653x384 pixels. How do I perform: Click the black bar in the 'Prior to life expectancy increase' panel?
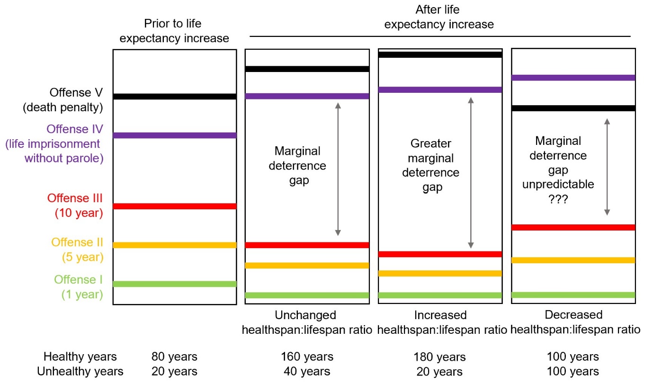(x=174, y=97)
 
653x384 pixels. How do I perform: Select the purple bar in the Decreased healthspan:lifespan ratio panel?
(x=573, y=78)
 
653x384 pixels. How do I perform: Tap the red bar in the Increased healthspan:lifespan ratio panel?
(x=439, y=254)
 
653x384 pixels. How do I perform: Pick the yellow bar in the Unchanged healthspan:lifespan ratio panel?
(x=306, y=265)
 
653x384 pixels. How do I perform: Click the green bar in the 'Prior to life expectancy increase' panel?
(x=174, y=284)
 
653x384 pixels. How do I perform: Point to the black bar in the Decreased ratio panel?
(x=573, y=108)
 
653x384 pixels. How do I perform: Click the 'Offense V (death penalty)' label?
(x=63, y=100)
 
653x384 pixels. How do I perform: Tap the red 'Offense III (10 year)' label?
(x=75, y=205)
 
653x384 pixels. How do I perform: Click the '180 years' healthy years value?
(x=439, y=357)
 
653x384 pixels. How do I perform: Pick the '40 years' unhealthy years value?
(x=306, y=372)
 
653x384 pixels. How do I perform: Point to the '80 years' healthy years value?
(x=174, y=357)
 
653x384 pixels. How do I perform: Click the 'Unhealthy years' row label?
(x=80, y=372)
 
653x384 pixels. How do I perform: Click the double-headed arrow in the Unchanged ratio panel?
(x=338, y=169)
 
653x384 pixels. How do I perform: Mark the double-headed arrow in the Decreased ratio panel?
(x=607, y=167)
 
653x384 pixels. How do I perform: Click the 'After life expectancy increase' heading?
(x=438, y=17)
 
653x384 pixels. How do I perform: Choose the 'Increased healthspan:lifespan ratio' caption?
(x=439, y=322)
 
